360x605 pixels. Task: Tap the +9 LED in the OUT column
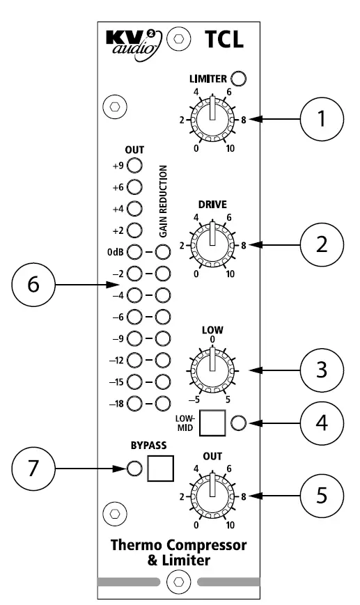point(134,166)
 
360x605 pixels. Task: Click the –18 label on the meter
point(116,402)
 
